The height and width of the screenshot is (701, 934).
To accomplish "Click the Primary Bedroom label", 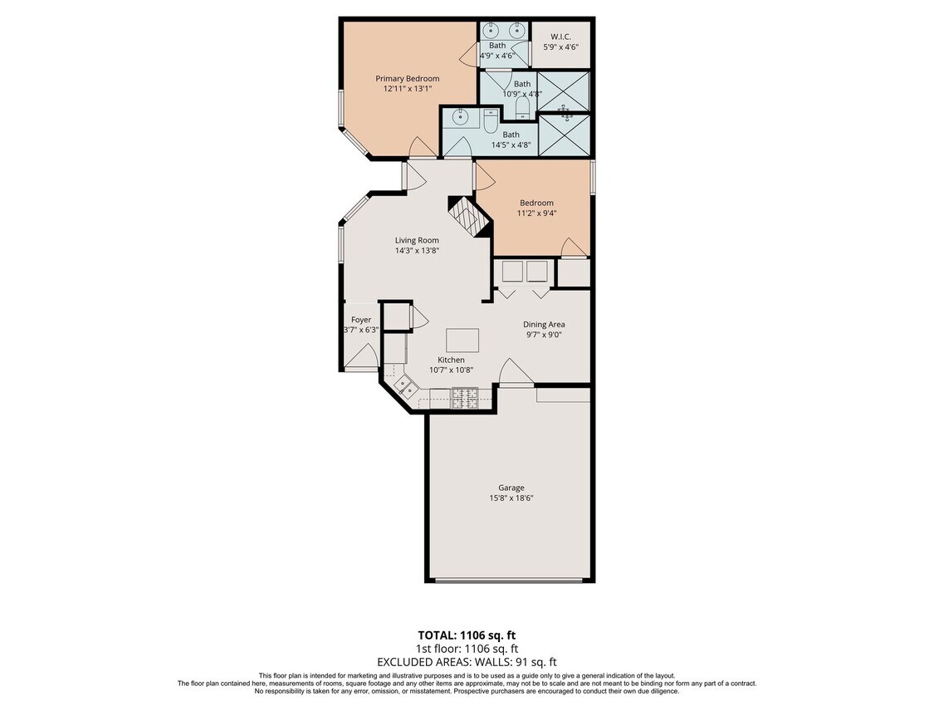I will (407, 79).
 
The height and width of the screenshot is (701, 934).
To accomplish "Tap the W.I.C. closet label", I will (560, 37).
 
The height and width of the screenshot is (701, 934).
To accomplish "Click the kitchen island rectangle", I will (462, 341).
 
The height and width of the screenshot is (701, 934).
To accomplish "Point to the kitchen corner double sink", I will (406, 385).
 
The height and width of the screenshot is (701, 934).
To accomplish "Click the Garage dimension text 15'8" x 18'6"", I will (511, 498).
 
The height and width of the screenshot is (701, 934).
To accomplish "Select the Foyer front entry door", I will (360, 357).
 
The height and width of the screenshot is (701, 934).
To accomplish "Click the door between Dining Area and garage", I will (517, 374).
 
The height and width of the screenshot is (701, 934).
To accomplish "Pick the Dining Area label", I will (544, 325).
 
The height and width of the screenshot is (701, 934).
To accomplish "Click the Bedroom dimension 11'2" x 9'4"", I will (537, 213).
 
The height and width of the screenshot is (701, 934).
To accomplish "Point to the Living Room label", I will (417, 241).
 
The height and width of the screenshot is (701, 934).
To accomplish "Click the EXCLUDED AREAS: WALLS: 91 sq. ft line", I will (467, 662).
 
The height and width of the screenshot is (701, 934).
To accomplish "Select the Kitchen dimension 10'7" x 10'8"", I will (451, 370).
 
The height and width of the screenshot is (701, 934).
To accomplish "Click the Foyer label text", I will (360, 320).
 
